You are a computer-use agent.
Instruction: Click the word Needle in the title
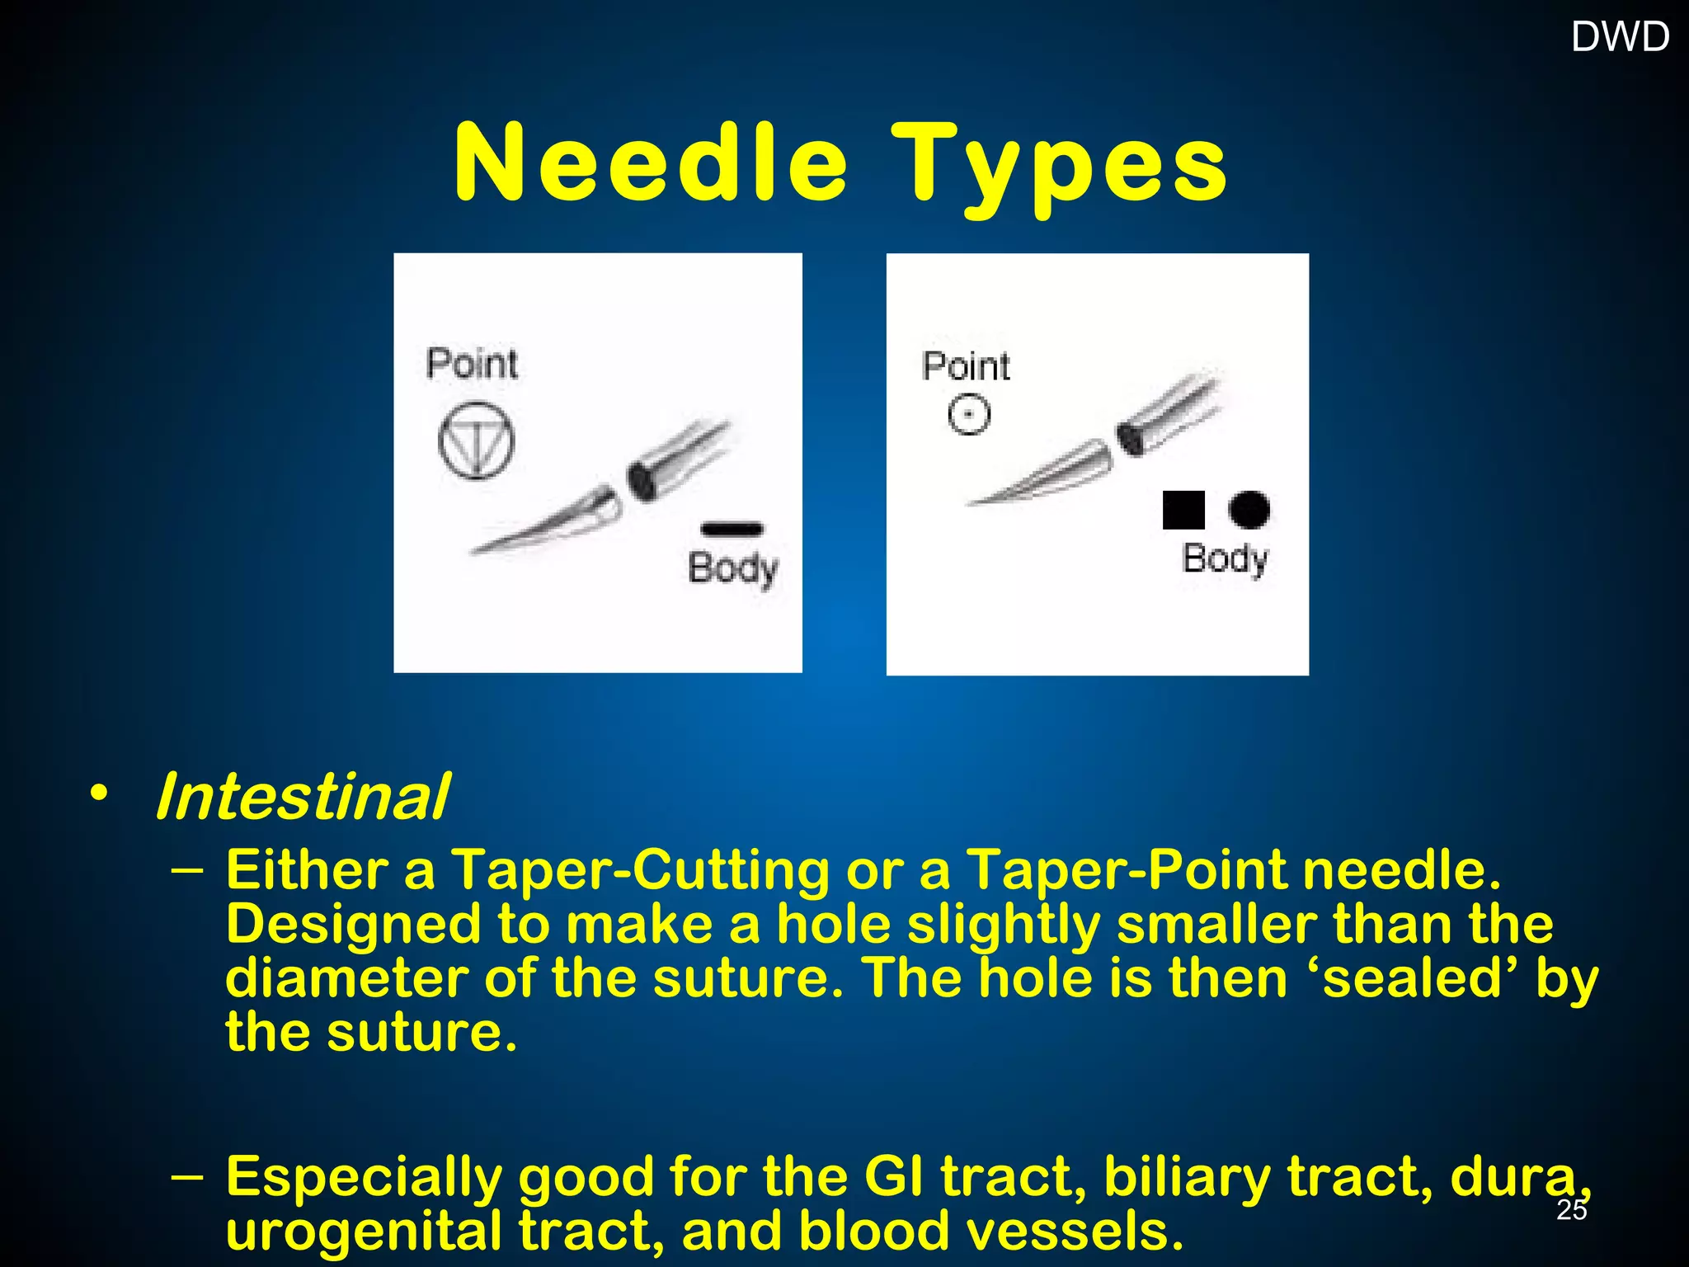tap(651, 162)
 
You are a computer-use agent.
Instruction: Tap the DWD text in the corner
tap(1620, 37)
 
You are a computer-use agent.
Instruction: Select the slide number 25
tap(1571, 1209)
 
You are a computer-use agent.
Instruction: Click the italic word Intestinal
tap(303, 797)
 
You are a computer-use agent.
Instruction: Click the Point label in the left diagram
tap(472, 364)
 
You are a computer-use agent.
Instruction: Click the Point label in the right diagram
tap(966, 366)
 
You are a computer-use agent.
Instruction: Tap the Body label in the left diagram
tap(732, 568)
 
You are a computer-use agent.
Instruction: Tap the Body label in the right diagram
tap(1225, 558)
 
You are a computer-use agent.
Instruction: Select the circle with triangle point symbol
tap(476, 440)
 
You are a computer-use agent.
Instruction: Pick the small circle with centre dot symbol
tap(969, 414)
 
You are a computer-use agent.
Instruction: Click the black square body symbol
tap(1183, 510)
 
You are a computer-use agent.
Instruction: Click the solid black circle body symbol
tap(1249, 509)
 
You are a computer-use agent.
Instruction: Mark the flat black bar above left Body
tap(732, 529)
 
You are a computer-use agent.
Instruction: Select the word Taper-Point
tap(1126, 870)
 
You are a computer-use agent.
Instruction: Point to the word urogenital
tap(364, 1230)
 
